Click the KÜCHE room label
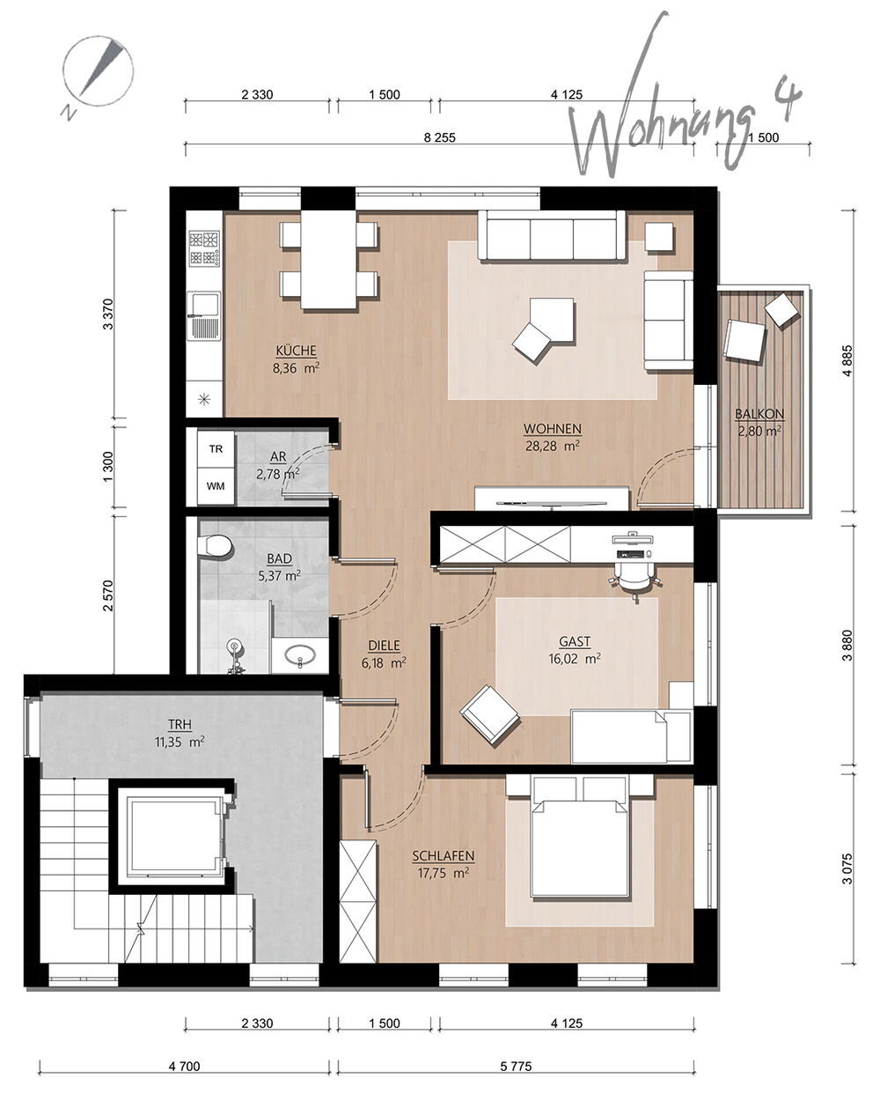point(296,351)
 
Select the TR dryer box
point(216,449)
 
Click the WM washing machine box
point(216,486)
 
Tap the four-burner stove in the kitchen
point(204,248)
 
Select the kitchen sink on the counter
point(204,315)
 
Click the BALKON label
point(759,413)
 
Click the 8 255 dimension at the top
point(439,137)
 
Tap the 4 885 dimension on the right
point(847,361)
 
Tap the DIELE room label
point(384,646)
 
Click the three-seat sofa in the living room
point(552,236)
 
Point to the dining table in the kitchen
point(328,260)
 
